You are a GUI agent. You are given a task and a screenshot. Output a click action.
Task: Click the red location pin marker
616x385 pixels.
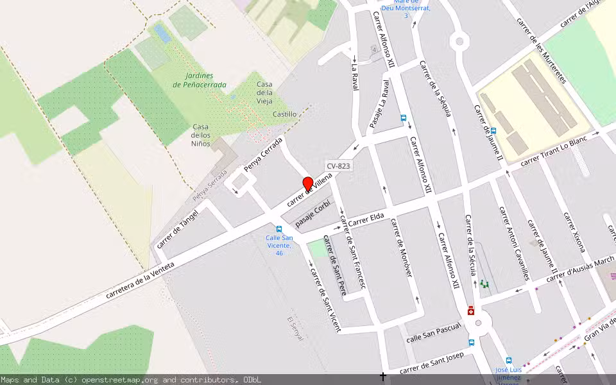[307, 184]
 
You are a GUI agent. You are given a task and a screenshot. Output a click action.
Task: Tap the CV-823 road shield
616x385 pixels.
[338, 166]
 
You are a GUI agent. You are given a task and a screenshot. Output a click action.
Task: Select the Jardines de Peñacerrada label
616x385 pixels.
[200, 80]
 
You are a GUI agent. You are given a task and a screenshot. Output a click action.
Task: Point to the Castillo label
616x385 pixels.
[284, 114]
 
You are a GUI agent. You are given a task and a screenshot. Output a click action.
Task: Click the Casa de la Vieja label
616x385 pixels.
[264, 93]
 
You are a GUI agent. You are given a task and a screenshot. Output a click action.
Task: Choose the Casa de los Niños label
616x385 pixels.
[201, 135]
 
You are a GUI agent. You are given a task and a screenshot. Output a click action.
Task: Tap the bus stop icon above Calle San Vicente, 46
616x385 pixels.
[279, 229]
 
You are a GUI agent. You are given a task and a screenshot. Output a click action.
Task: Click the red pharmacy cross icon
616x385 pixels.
[471, 311]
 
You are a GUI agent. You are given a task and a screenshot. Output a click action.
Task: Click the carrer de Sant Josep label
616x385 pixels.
[431, 363]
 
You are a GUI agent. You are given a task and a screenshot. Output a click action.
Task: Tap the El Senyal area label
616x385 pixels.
[298, 328]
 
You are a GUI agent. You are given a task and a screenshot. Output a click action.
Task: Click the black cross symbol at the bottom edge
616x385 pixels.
[383, 377]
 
